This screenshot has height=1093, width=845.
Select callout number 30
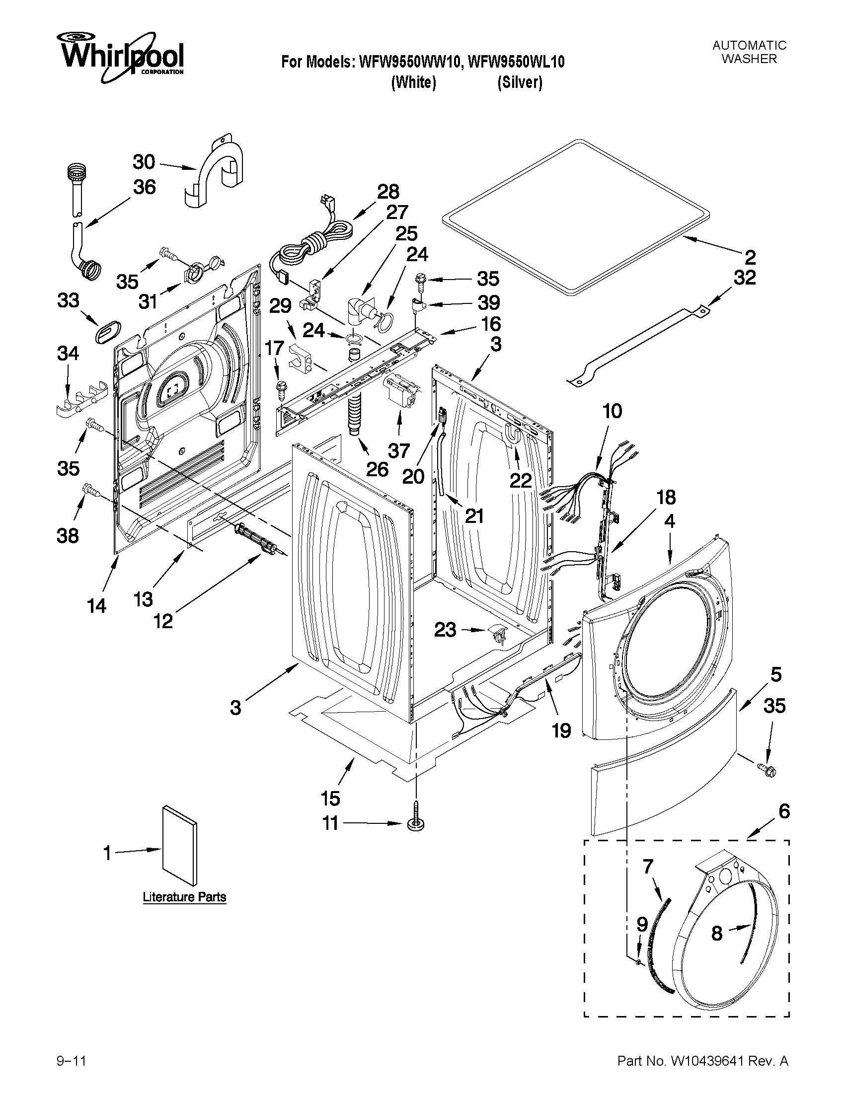pos(144,162)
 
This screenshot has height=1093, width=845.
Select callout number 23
pos(445,630)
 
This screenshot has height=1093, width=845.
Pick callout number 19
pos(561,730)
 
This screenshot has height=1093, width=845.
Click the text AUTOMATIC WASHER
pos(749,52)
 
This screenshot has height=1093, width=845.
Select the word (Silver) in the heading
pos(520,82)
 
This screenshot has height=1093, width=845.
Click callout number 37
pos(399,450)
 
